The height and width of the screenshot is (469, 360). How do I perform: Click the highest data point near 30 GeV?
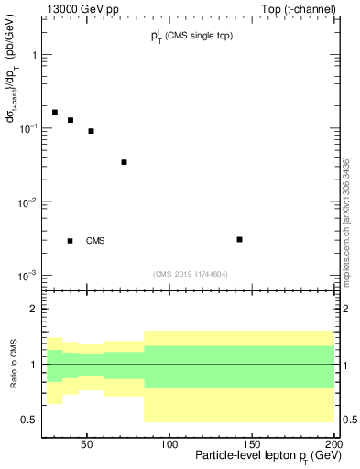[x=55, y=112]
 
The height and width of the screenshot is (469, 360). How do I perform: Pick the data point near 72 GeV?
[x=124, y=162]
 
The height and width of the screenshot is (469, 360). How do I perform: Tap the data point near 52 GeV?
[x=92, y=131]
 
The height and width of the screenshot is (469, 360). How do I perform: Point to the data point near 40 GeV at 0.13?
[x=71, y=120]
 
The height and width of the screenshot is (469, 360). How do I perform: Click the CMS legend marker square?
[x=71, y=241]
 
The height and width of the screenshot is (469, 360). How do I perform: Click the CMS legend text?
[x=95, y=241]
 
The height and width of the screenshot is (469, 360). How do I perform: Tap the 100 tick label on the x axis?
[x=169, y=443]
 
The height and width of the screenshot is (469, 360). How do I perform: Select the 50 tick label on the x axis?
[x=87, y=443]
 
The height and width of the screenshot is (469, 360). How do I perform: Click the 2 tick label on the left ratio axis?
[x=33, y=309]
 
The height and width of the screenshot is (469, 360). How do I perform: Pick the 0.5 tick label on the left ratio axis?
[x=29, y=420]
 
